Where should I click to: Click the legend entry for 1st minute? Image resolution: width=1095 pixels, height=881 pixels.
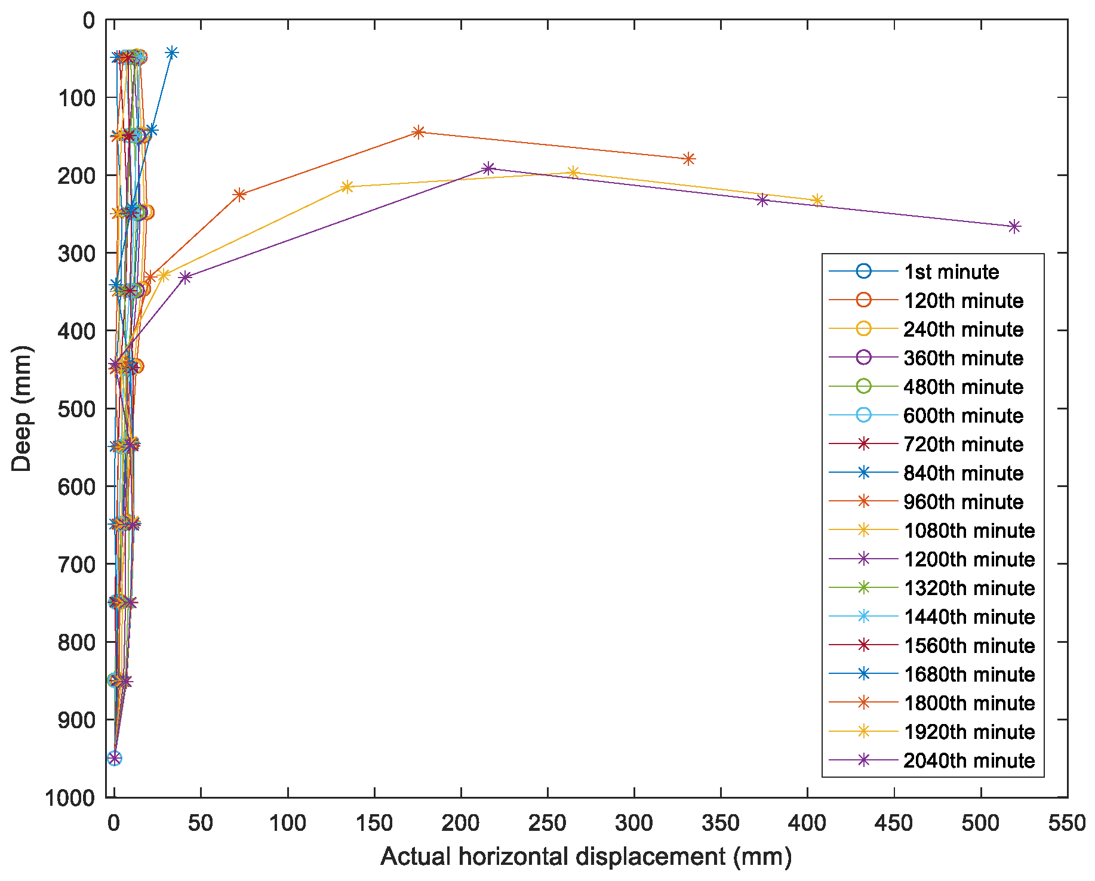(x=951, y=272)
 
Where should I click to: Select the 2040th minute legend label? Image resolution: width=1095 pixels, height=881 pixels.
(x=968, y=761)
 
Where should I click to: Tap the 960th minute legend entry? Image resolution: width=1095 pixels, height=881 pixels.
(x=963, y=502)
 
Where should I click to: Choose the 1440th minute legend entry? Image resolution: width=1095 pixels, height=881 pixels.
(x=968, y=617)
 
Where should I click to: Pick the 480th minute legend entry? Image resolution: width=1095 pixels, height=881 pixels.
(x=963, y=387)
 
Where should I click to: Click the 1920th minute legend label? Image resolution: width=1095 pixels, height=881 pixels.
(x=968, y=732)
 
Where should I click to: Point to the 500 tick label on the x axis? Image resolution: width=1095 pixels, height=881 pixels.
(x=980, y=824)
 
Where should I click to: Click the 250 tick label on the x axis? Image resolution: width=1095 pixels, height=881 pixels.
(x=547, y=824)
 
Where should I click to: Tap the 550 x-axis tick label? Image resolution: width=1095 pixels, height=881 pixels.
(x=1067, y=824)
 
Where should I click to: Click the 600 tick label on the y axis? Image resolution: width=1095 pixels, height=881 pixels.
(x=76, y=486)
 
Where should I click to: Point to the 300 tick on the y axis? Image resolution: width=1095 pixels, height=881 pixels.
(x=76, y=253)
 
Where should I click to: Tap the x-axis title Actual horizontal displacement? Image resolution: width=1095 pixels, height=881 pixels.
(x=586, y=857)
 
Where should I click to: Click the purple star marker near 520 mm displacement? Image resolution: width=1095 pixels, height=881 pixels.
(x=1014, y=227)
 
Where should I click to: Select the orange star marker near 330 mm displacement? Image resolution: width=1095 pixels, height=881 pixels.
(x=689, y=159)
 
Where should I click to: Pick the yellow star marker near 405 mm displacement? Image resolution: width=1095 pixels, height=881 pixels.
(x=817, y=201)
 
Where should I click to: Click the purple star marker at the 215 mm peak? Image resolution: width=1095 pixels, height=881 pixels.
(x=488, y=168)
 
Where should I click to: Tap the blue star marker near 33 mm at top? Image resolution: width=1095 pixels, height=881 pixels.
(x=172, y=53)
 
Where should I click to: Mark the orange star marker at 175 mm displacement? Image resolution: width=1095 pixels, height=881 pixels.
(x=419, y=132)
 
